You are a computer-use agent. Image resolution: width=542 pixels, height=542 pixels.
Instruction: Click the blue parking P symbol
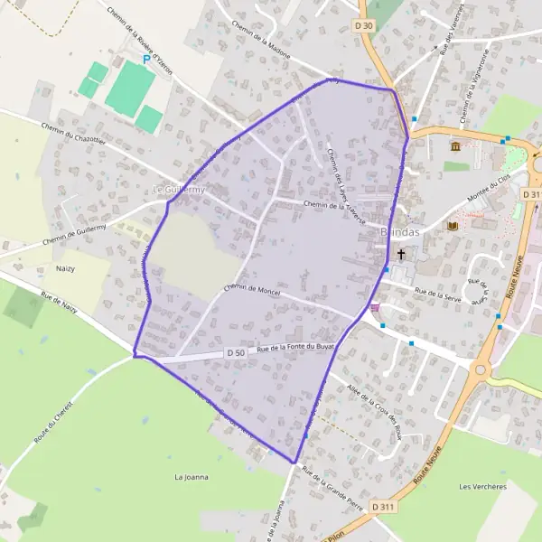click(x=145, y=59)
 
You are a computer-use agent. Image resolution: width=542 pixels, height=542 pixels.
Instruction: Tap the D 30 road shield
click(x=364, y=26)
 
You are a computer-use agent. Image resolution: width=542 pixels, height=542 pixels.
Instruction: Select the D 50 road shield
click(x=235, y=352)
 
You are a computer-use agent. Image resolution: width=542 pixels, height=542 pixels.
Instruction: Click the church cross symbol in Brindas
click(x=401, y=255)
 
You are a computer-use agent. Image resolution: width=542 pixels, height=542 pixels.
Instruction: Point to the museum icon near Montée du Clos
click(x=455, y=145)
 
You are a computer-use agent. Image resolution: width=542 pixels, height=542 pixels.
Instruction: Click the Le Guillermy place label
click(x=179, y=190)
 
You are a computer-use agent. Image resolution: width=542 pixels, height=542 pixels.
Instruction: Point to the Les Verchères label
click(x=482, y=487)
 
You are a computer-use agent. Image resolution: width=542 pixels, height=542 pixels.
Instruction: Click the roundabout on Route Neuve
click(x=481, y=368)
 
